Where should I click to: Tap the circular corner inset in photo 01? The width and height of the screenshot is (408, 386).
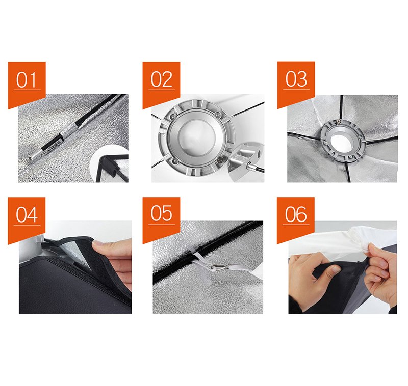pyautogui.click(x=110, y=164)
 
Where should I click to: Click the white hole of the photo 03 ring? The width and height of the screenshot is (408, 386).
pyautogui.click(x=341, y=141)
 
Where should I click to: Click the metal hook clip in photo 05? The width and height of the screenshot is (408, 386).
pyautogui.click(x=219, y=267)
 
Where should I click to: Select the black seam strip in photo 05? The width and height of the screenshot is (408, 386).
pyautogui.click(x=208, y=252)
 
